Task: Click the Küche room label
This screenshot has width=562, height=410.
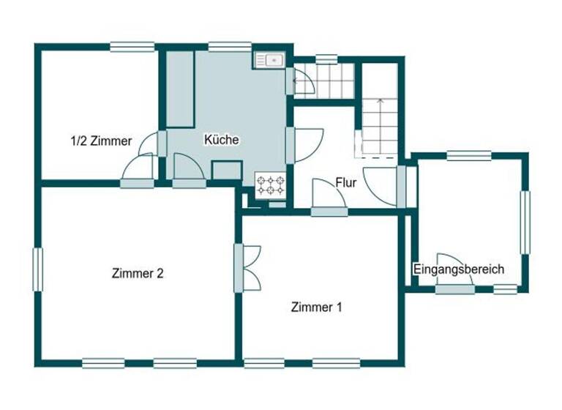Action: tap(222, 139)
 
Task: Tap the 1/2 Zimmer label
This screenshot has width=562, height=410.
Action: tap(101, 141)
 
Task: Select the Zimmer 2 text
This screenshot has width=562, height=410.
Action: tap(138, 274)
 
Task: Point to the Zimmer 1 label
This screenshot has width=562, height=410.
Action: tap(316, 307)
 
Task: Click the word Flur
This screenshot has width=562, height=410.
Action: tap(346, 183)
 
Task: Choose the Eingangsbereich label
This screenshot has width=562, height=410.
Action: tap(459, 269)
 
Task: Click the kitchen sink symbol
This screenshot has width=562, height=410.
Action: tap(269, 59)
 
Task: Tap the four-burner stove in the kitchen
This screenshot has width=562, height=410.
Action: tap(270, 184)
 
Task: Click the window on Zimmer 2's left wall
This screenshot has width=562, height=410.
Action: tap(37, 269)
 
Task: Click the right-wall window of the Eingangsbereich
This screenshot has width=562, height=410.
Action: tap(525, 222)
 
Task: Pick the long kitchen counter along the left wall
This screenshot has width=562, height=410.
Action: tap(180, 89)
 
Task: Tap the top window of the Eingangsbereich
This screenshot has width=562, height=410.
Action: tap(468, 155)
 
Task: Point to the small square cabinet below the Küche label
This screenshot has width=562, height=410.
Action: tap(226, 170)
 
